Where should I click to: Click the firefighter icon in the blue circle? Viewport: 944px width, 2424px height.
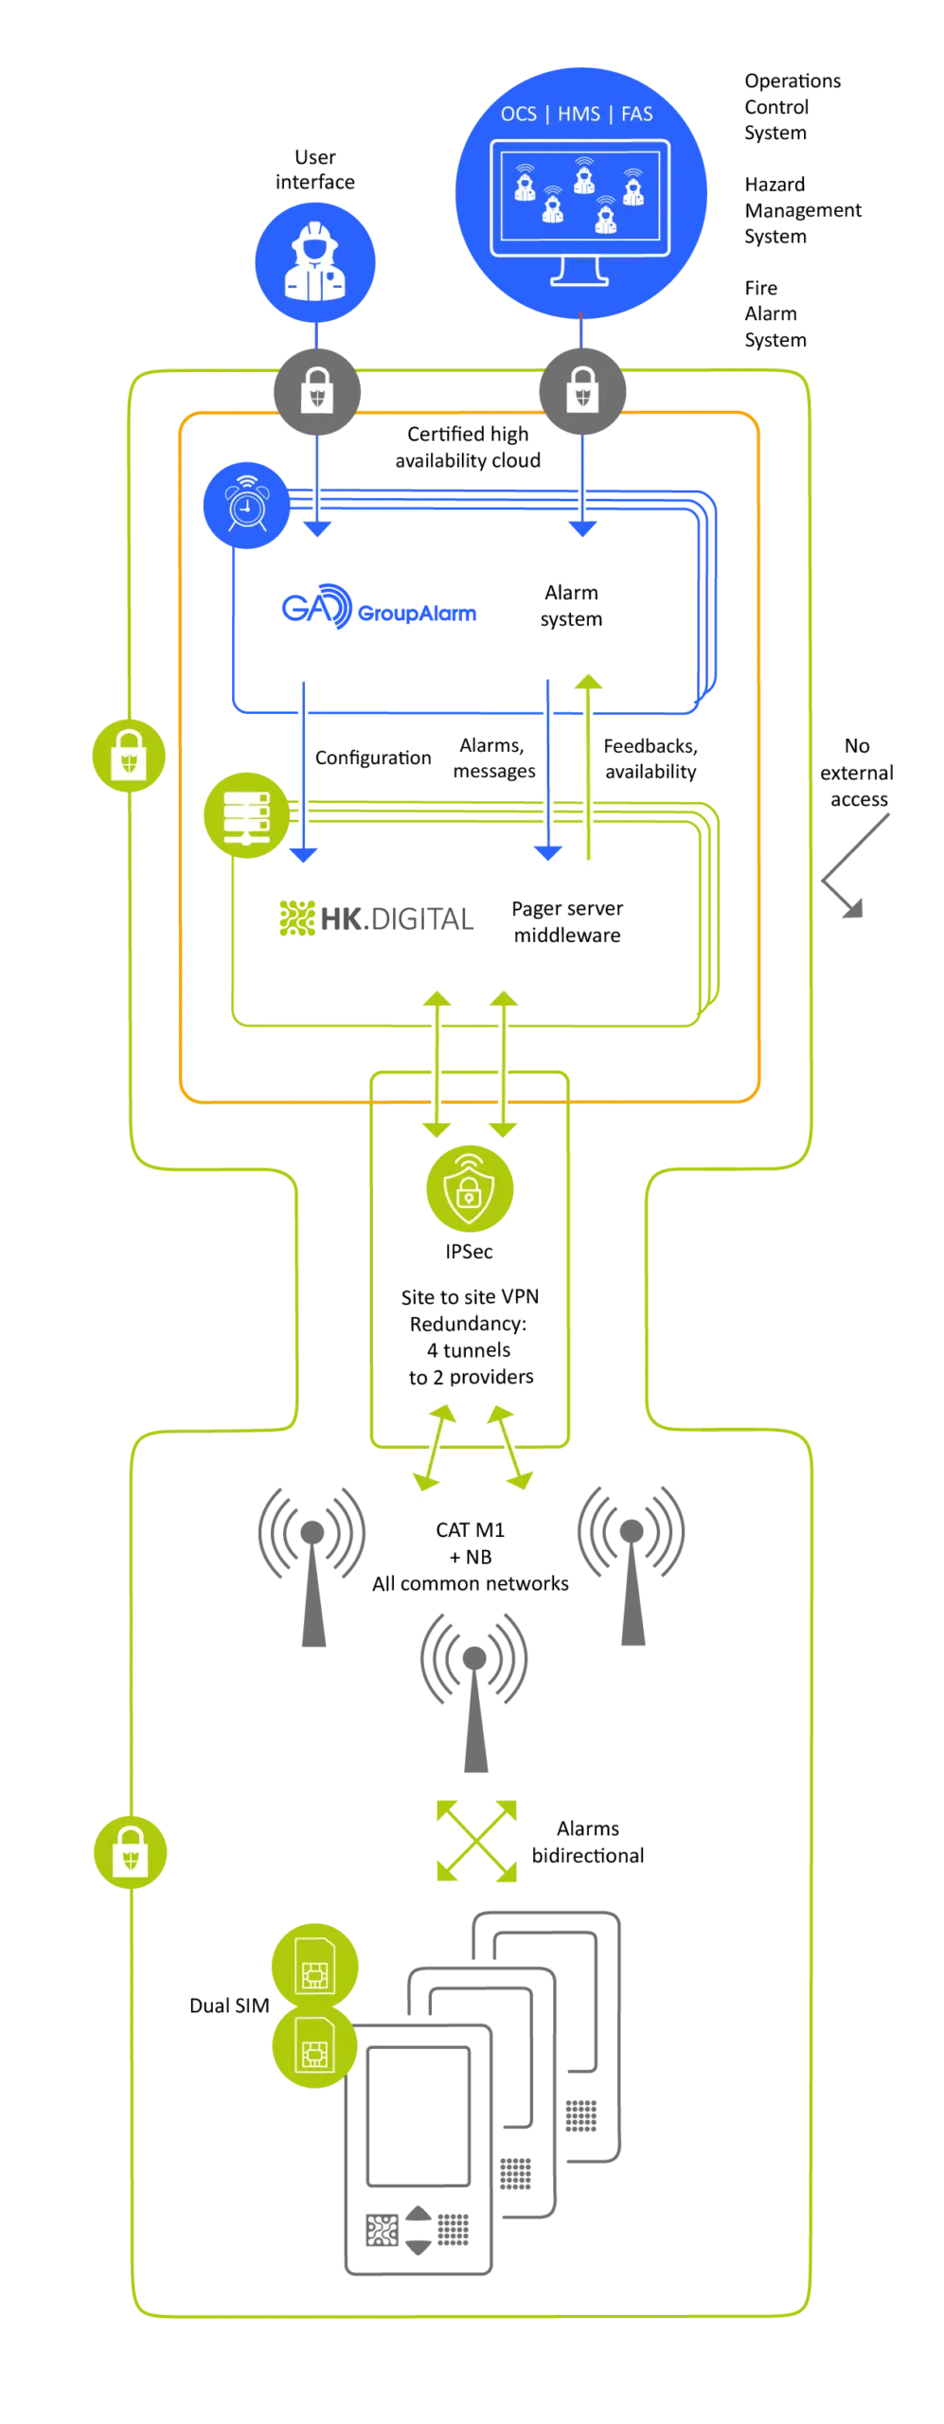pyautogui.click(x=314, y=262)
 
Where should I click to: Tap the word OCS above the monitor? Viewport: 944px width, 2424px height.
pyautogui.click(x=518, y=115)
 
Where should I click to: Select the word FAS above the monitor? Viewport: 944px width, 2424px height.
pyautogui.click(x=637, y=115)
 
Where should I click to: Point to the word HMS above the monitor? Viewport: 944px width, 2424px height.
pyautogui.click(x=579, y=115)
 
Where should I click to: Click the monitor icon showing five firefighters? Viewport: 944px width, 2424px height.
pyautogui.click(x=579, y=210)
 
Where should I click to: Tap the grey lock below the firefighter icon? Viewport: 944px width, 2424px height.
pyautogui.click(x=317, y=390)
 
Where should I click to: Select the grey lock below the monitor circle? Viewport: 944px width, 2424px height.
pyautogui.click(x=582, y=390)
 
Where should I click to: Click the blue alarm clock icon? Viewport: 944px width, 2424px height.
pyautogui.click(x=246, y=506)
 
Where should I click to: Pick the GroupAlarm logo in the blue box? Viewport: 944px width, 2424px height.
pyautogui.click(x=378, y=608)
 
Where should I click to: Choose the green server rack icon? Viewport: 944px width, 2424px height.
pyautogui.click(x=246, y=815)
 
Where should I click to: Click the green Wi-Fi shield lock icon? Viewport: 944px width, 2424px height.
pyautogui.click(x=470, y=1189)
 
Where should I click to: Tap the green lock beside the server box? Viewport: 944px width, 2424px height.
pyautogui.click(x=129, y=756)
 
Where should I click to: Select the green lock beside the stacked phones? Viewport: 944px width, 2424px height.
pyautogui.click(x=130, y=1850)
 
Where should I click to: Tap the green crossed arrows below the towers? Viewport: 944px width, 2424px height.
pyautogui.click(x=476, y=1840)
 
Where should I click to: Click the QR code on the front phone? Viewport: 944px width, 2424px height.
pyautogui.click(x=383, y=2230)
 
